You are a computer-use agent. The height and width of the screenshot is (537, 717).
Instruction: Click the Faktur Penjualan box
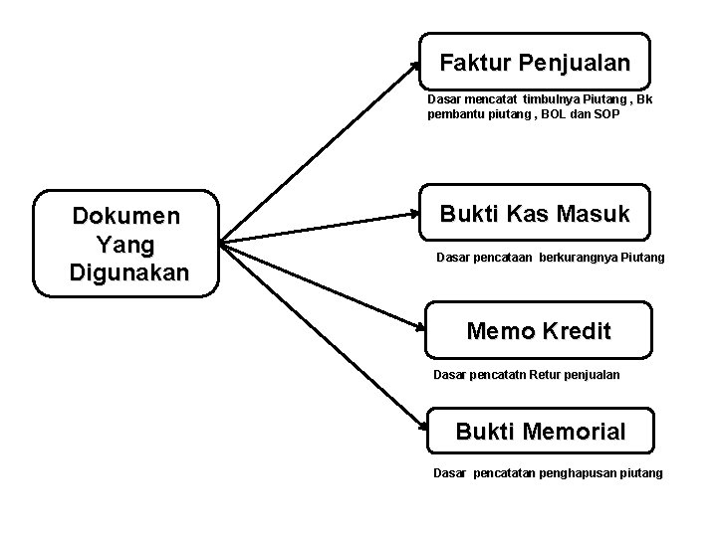tap(535, 63)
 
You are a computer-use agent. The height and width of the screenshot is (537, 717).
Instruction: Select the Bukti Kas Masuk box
tap(535, 213)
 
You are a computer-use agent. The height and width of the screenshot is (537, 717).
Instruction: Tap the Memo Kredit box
tap(538, 330)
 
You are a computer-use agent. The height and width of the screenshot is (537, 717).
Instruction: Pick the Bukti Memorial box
tap(540, 433)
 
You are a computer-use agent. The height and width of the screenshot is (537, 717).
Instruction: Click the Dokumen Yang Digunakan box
tap(125, 244)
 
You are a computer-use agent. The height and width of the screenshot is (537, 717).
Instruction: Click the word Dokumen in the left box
tap(125, 216)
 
